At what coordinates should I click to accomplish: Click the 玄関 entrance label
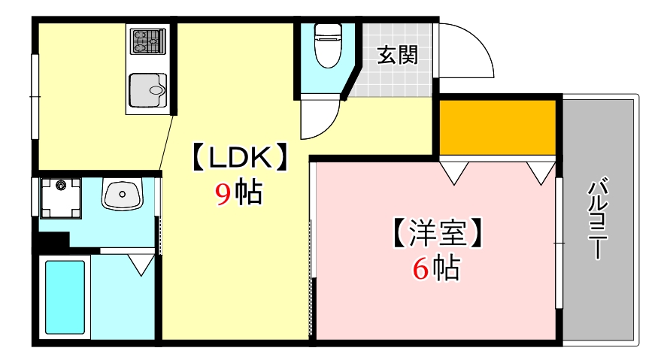tap(397, 55)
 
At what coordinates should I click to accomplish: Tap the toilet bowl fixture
tap(328, 53)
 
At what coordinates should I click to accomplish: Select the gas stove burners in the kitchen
tap(147, 41)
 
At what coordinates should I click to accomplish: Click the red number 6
tap(420, 268)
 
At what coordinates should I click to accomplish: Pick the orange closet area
tap(497, 125)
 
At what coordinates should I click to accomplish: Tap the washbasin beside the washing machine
tap(121, 195)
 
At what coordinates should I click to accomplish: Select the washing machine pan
tap(61, 197)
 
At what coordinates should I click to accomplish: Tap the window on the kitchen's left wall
tap(35, 95)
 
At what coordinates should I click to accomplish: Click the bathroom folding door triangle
tap(141, 263)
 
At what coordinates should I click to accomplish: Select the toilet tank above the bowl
tap(328, 31)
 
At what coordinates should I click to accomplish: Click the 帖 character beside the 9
tap(248, 194)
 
